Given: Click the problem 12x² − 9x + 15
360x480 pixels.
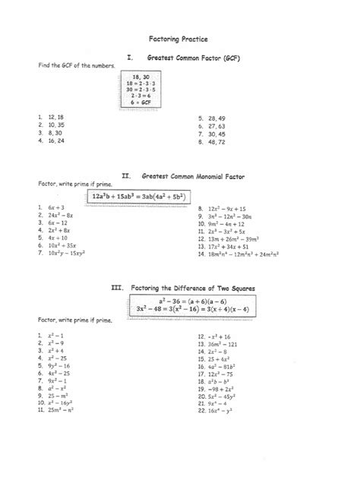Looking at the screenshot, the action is [x=222, y=207].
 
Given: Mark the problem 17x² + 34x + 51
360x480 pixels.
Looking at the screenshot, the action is [x=223, y=246].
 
